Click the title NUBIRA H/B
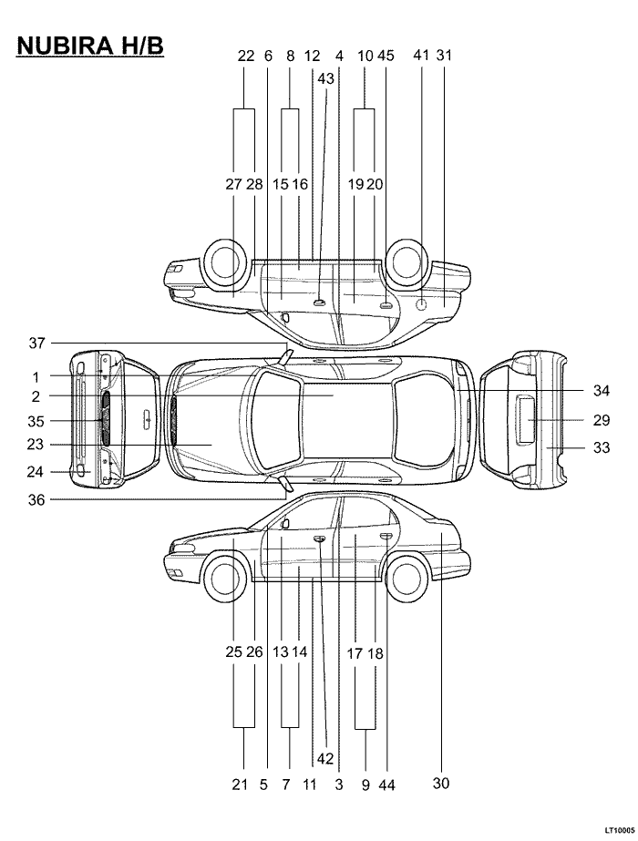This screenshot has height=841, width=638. (x=90, y=46)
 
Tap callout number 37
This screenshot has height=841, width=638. (x=36, y=343)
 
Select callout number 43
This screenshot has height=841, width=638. (x=325, y=78)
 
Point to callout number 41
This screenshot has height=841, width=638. (x=421, y=55)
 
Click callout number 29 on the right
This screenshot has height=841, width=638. (x=601, y=420)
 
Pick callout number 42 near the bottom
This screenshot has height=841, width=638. (x=325, y=758)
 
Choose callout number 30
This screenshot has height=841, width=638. (x=440, y=783)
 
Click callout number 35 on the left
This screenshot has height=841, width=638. (x=36, y=421)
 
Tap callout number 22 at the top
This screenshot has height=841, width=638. (x=245, y=56)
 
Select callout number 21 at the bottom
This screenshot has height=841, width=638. (x=240, y=785)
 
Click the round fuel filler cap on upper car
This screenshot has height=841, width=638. (x=422, y=305)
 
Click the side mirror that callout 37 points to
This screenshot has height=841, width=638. (x=285, y=355)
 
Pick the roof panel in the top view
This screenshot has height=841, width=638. (x=348, y=421)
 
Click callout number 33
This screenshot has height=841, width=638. (x=602, y=446)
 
